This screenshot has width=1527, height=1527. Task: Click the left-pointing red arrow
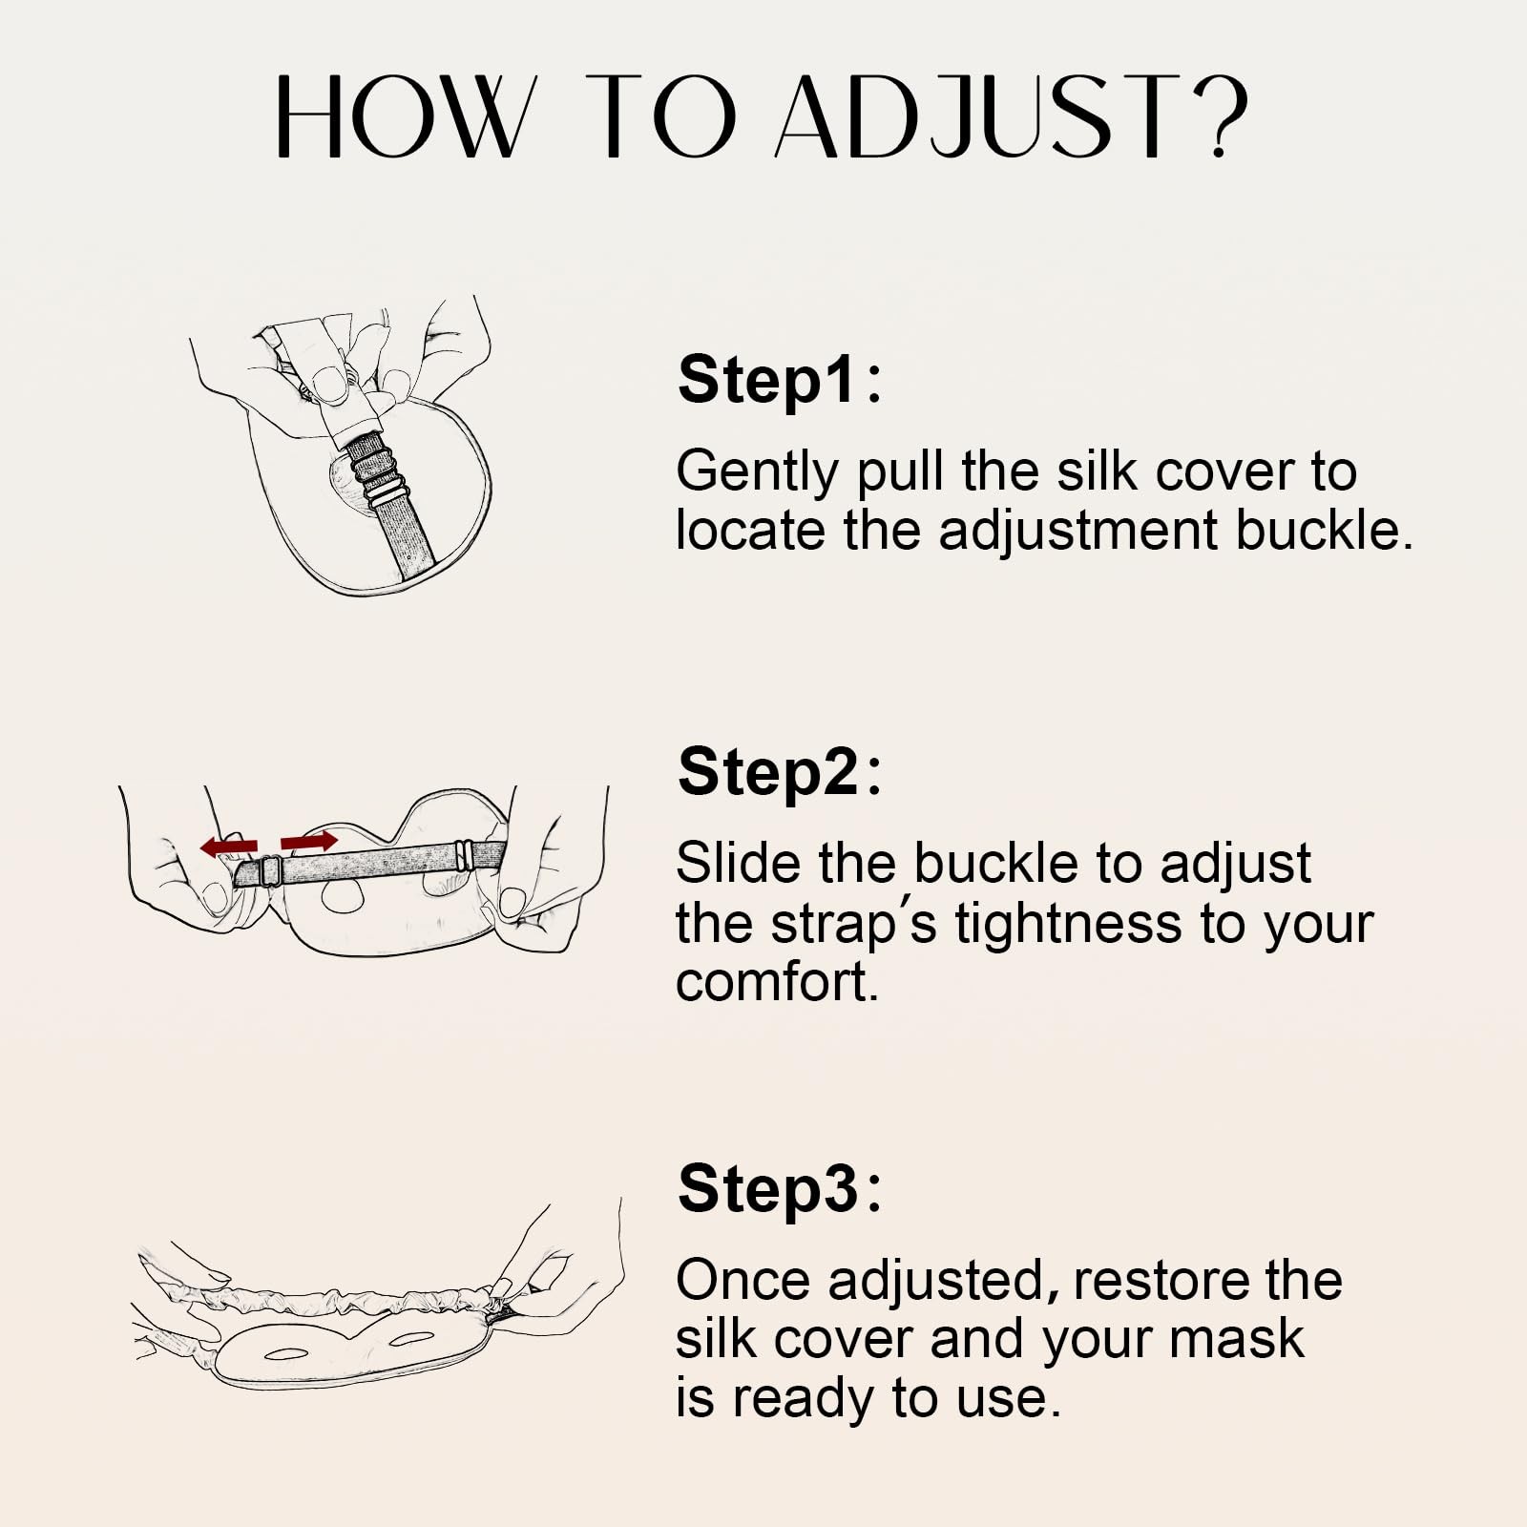[229, 847]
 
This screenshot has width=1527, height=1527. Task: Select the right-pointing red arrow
[308, 841]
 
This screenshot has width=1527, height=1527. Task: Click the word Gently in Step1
[756, 472]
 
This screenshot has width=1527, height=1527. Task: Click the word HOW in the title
[401, 118]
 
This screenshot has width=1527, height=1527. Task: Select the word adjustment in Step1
[1079, 532]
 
